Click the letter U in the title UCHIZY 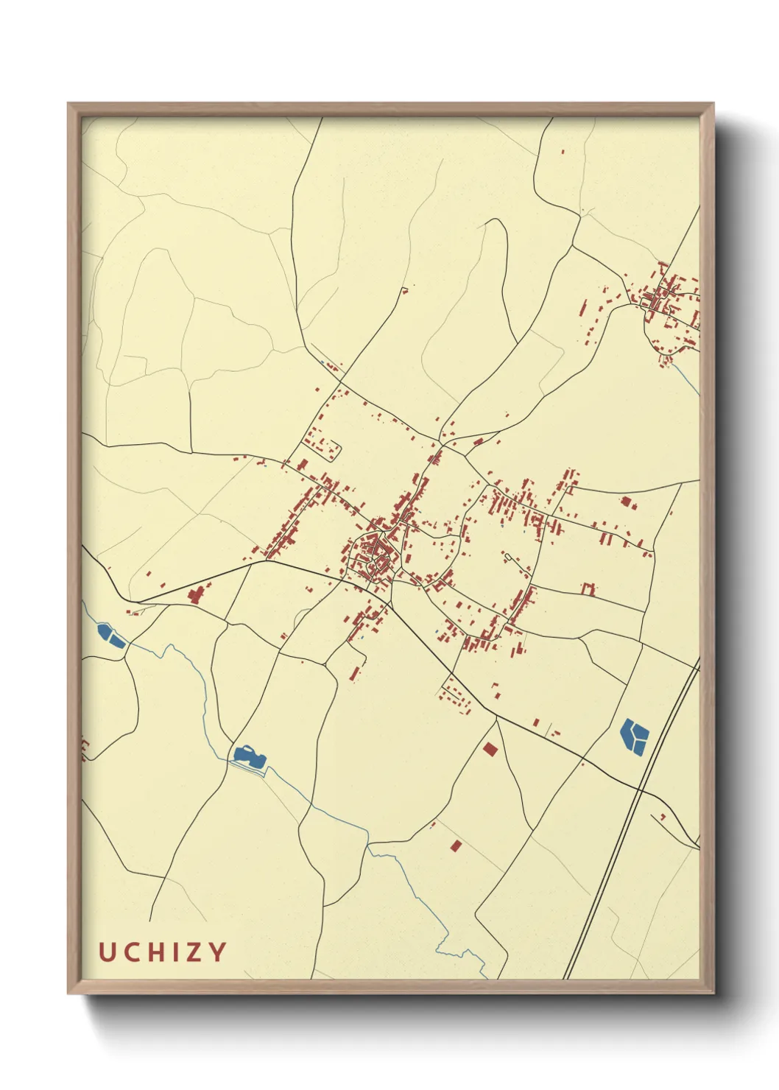point(107,952)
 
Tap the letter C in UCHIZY point(132,952)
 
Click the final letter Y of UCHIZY point(217,952)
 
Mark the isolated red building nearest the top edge point(563,152)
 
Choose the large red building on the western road point(197,594)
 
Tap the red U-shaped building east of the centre point(588,588)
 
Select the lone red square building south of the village point(490,750)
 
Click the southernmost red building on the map point(456,845)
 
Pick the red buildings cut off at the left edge point(85,749)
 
